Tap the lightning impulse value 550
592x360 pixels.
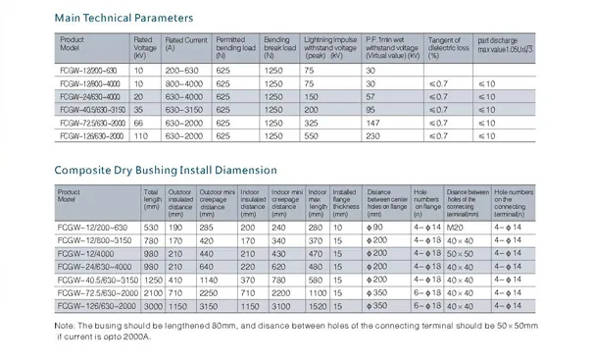click(x=312, y=137)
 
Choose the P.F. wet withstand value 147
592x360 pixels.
click(x=372, y=125)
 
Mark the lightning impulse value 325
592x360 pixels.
click(x=312, y=125)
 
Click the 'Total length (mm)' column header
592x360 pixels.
click(x=152, y=200)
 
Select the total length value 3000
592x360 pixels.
click(x=153, y=306)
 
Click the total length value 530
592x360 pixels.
click(x=150, y=227)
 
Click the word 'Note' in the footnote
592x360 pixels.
click(x=65, y=324)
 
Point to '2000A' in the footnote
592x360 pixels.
click(x=136, y=334)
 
